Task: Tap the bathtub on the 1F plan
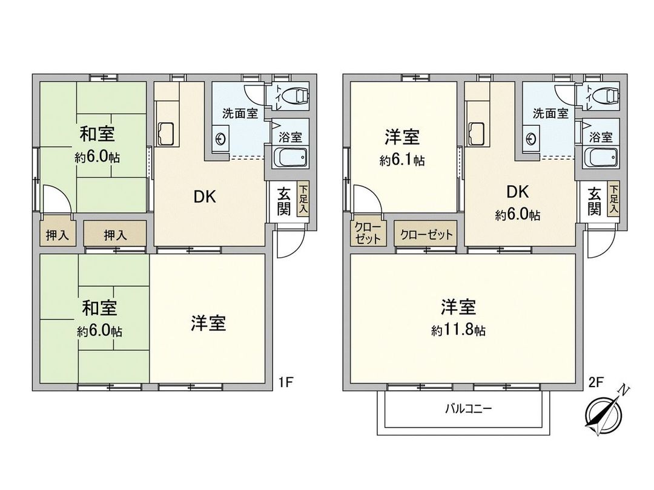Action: click(x=291, y=158)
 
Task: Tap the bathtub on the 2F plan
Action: click(x=601, y=158)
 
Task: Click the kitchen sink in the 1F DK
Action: click(x=165, y=132)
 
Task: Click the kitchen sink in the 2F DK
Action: click(x=476, y=132)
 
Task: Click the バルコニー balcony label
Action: click(x=463, y=409)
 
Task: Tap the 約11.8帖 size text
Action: click(x=458, y=330)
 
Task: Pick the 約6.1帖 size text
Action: click(x=402, y=160)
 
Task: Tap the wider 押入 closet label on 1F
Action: click(x=115, y=235)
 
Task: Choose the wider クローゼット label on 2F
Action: click(x=426, y=235)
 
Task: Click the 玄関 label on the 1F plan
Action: click(x=284, y=201)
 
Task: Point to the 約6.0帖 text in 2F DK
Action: click(x=518, y=215)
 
